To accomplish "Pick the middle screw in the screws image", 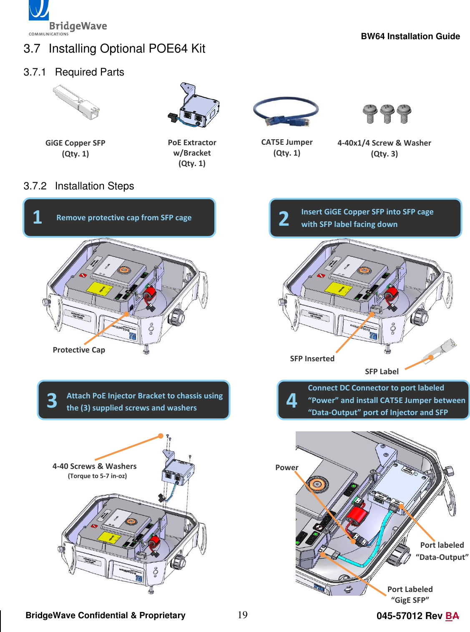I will [x=387, y=113].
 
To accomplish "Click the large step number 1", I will [x=38, y=217].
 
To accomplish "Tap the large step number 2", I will [x=284, y=219].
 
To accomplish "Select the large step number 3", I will [x=52, y=401].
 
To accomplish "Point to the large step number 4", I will [x=292, y=401].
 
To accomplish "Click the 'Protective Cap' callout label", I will [x=79, y=350].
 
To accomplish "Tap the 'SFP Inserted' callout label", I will [x=312, y=359].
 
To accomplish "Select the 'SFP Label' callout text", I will [x=382, y=372].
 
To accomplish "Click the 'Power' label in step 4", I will [x=287, y=468].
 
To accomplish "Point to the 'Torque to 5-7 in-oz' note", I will [x=97, y=476].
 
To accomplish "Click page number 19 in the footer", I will [x=242, y=615].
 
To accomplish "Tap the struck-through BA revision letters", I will [x=452, y=616].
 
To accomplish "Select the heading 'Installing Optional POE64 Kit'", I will [x=127, y=49].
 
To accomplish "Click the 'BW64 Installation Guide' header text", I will [x=410, y=36].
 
